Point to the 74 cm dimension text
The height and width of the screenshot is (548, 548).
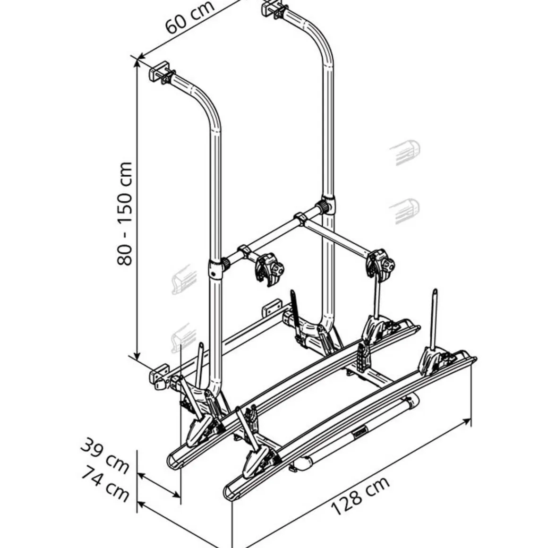[x=105, y=484]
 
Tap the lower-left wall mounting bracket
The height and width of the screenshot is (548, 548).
[x=159, y=376]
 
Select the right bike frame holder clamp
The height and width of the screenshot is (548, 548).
[x=380, y=264]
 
